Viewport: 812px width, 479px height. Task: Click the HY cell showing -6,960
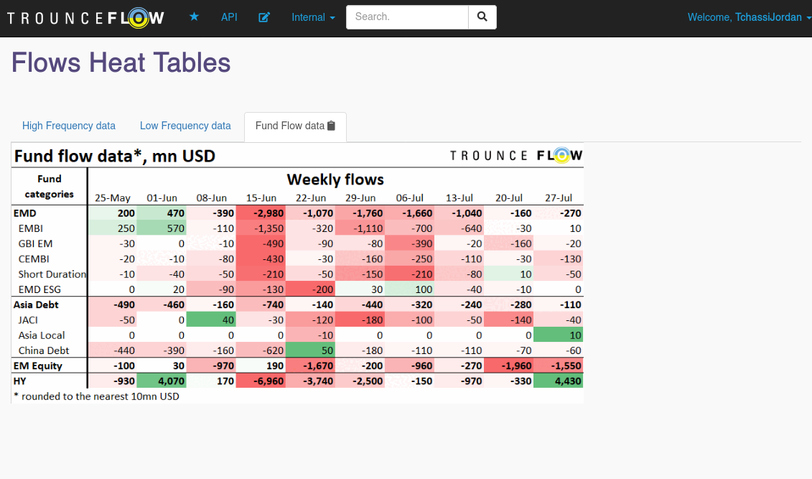[x=261, y=381]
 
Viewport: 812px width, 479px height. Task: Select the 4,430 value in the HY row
[x=559, y=381]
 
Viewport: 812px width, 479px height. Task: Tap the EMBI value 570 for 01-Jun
[x=162, y=228]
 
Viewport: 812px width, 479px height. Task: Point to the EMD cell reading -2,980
[x=261, y=213]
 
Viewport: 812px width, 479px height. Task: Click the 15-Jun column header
[x=261, y=197]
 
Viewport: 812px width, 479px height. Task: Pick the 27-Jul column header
[x=559, y=197]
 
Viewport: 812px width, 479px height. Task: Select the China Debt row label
[x=44, y=350]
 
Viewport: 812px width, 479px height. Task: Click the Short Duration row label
[x=52, y=274]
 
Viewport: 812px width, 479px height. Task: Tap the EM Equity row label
[x=38, y=366]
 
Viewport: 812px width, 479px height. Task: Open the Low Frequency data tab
[x=185, y=126]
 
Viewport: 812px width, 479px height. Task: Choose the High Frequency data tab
[x=69, y=126]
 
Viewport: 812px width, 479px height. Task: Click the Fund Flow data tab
[x=295, y=126]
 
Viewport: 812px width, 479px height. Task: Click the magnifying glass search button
[x=482, y=17]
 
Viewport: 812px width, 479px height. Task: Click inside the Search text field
[x=407, y=17]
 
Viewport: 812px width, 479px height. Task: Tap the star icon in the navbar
[x=194, y=17]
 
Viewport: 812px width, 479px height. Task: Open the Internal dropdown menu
[x=313, y=17]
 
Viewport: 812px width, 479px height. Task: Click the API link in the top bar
[x=229, y=17]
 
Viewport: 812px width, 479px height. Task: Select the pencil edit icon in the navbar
[x=264, y=17]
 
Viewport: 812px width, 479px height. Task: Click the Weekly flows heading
[x=335, y=179]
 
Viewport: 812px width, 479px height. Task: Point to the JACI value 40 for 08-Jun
[x=211, y=320]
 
